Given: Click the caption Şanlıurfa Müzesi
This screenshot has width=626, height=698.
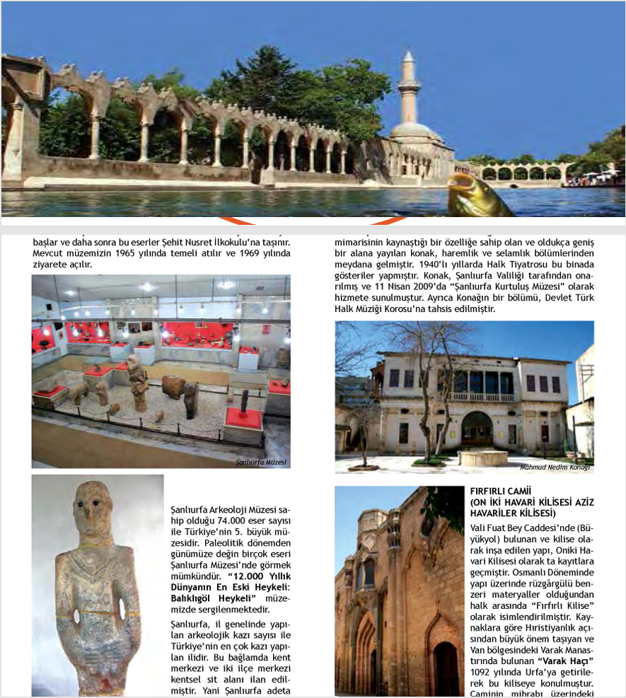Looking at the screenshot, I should pos(260,463).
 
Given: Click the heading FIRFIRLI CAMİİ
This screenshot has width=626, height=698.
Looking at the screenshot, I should pos(499,491).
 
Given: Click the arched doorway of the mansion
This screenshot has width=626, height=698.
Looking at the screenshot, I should pos(477,429).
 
